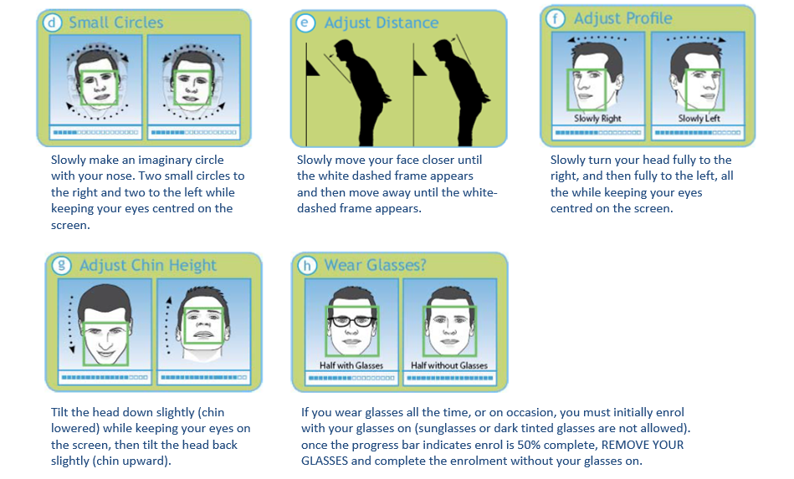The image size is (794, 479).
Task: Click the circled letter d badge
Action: [x=53, y=23]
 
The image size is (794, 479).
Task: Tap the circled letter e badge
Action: [x=305, y=23]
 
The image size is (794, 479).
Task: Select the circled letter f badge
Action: [x=556, y=18]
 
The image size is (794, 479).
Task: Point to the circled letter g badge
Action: [x=62, y=265]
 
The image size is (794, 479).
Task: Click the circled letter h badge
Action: [x=307, y=265]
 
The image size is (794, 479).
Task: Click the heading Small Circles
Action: [x=116, y=23]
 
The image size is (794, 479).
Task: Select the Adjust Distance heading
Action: [x=382, y=23]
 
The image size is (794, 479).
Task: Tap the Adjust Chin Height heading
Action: [x=148, y=266]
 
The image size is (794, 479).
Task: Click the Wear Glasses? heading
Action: [x=375, y=265]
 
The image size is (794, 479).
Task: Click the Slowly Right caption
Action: [x=597, y=119]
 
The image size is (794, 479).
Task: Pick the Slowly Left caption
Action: [x=699, y=119]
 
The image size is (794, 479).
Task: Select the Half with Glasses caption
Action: [x=351, y=365]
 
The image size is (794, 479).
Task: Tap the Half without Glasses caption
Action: [x=449, y=365]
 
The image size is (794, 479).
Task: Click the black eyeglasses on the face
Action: [x=352, y=321]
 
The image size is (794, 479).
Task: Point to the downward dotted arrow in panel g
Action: [x=71, y=324]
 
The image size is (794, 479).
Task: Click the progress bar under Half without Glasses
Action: [x=449, y=378]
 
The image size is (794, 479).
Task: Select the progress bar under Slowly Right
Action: [x=598, y=133]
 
